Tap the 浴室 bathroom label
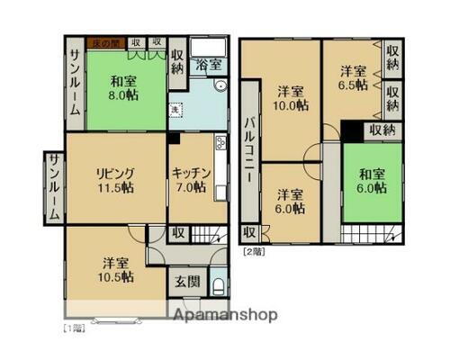pos(209,66)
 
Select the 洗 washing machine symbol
pos(176,110)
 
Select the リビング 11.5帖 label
pos(116,180)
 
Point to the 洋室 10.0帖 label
pos(290,98)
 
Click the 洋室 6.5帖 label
pos(353,76)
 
